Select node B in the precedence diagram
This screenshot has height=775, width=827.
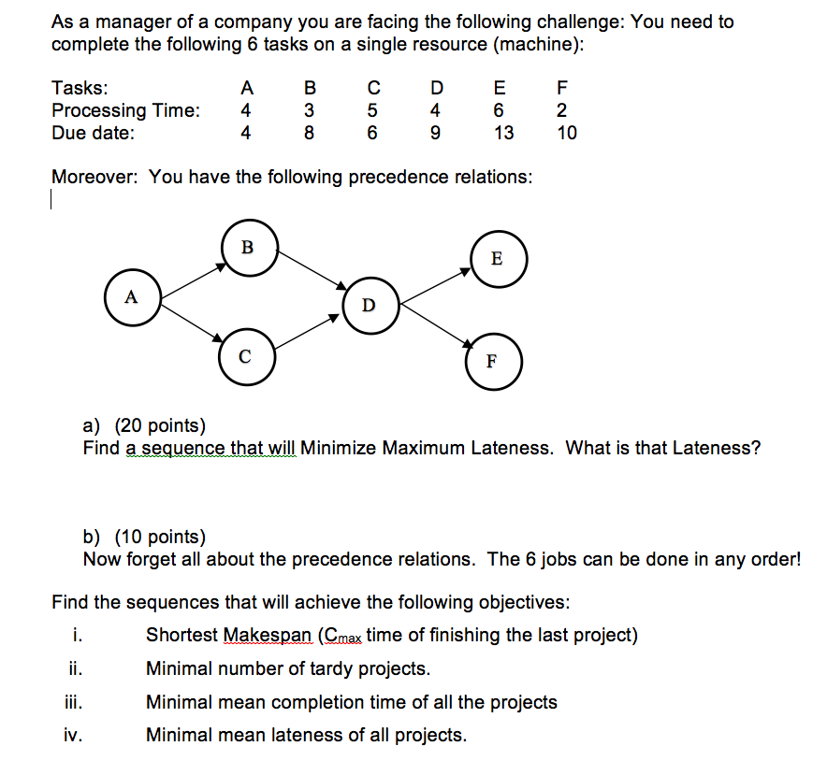[248, 248]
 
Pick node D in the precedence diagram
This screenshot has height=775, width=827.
[370, 306]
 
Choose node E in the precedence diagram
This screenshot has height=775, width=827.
[496, 259]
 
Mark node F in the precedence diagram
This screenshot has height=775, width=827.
[493, 362]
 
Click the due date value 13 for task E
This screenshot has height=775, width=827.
[503, 133]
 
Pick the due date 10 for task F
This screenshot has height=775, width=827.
[566, 133]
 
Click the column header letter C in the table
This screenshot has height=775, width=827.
[372, 89]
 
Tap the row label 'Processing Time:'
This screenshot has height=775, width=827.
[125, 110]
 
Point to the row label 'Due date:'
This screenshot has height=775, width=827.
[93, 133]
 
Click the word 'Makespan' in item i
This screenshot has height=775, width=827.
[268, 636]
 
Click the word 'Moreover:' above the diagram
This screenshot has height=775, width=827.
[95, 177]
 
